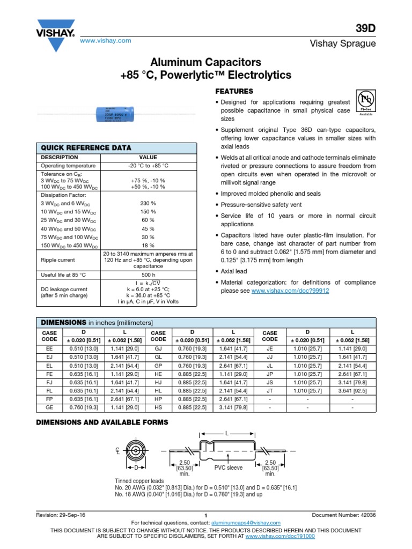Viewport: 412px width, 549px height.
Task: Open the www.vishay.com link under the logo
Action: (106, 41)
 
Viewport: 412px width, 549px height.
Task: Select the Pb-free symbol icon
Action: (365, 101)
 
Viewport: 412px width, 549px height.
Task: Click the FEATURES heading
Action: (234, 91)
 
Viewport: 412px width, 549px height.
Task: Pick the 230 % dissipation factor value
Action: (149, 204)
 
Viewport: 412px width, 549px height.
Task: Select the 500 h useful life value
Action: (149, 275)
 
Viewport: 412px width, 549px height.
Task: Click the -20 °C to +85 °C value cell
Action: (149, 166)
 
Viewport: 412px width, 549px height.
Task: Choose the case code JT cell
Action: (270, 391)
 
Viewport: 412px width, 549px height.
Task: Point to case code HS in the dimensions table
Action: (158, 408)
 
